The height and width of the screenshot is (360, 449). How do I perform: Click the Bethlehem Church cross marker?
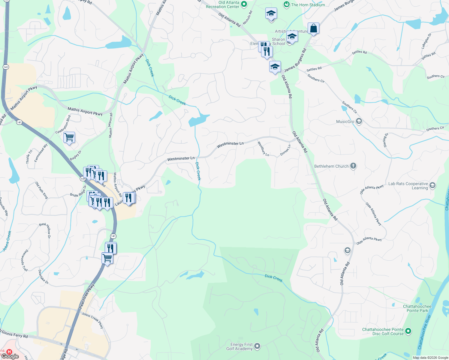[x=353, y=166]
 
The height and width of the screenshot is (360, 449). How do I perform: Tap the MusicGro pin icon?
[x=359, y=121]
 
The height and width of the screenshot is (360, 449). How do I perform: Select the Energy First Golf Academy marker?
[x=257, y=346]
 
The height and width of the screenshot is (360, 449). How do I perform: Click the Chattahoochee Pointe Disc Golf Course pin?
[x=408, y=331]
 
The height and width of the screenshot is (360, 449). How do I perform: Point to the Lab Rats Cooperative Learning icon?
[x=432, y=185]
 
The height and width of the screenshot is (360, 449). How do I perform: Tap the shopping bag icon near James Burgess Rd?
[x=313, y=28]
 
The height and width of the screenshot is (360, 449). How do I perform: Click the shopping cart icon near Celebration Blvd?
[x=69, y=138]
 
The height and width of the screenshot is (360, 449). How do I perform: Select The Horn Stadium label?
[x=308, y=5]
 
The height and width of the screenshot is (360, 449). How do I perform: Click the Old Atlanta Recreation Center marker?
[x=244, y=4]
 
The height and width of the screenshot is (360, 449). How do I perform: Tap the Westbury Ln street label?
[x=263, y=149]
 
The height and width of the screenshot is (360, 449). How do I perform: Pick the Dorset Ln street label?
[x=285, y=150]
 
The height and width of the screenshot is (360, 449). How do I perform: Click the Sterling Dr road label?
[x=386, y=140]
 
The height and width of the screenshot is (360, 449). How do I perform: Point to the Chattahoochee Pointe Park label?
[x=417, y=308]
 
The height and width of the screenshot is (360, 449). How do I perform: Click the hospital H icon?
[x=9, y=351]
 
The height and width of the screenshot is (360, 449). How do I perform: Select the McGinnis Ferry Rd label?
[x=14, y=334]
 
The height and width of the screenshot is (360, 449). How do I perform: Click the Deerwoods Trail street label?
[x=25, y=260]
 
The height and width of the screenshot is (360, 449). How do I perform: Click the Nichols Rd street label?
[x=248, y=18]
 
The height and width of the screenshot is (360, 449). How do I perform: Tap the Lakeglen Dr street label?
[x=426, y=41]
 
